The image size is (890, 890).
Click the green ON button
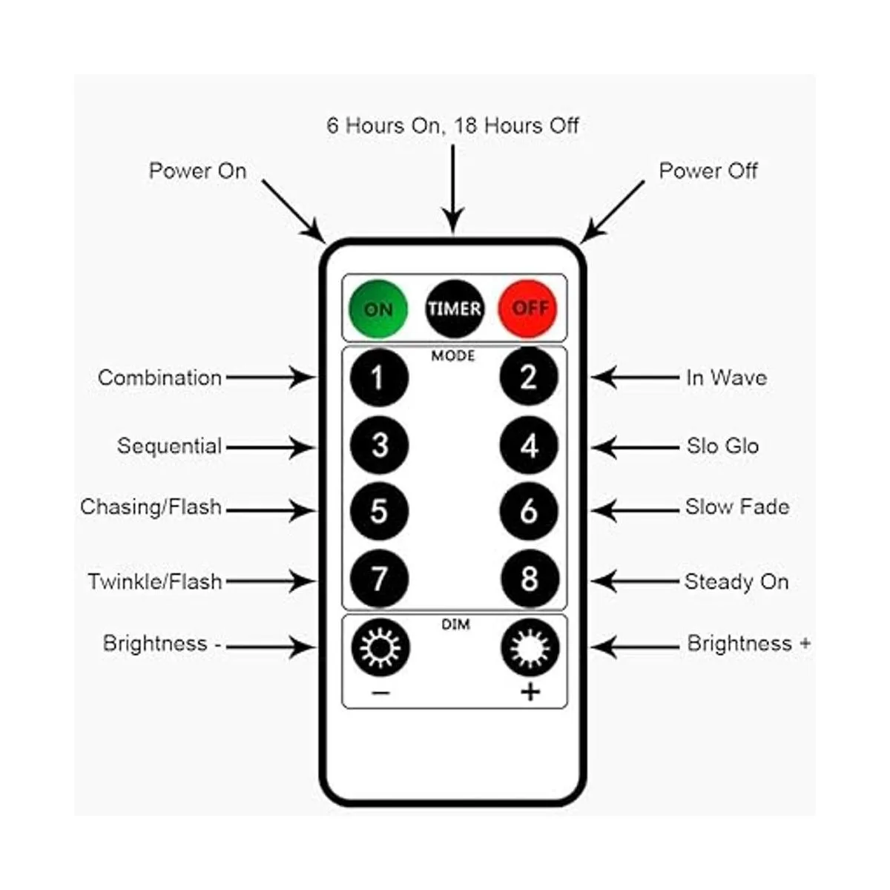pyautogui.click(x=378, y=309)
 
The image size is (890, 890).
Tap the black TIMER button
pyautogui.click(x=454, y=309)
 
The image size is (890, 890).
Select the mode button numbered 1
pyautogui.click(x=379, y=378)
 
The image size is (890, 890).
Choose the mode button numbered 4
pyautogui.click(x=529, y=446)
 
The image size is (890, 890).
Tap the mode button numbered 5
pyautogui.click(x=379, y=511)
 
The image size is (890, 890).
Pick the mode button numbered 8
pyautogui.click(x=530, y=579)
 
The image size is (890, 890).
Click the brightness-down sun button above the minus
pyautogui.click(x=380, y=647)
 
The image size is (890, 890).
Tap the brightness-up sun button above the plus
pyautogui.click(x=530, y=647)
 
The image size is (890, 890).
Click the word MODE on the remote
pyautogui.click(x=453, y=357)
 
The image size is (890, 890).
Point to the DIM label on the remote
pyautogui.click(x=455, y=624)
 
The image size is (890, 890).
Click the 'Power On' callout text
pyautogui.click(x=197, y=171)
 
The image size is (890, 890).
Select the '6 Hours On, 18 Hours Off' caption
pyautogui.click(x=452, y=125)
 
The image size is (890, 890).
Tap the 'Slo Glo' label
pyautogui.click(x=722, y=446)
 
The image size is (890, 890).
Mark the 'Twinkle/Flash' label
pyautogui.click(x=155, y=581)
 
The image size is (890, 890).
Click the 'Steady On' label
pyautogui.click(x=736, y=581)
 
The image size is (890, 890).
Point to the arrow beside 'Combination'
pyautogui.click(x=271, y=378)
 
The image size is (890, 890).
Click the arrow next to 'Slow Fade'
pyautogui.click(x=634, y=510)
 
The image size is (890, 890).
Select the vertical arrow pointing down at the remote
pyautogui.click(x=452, y=189)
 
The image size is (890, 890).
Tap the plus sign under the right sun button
pyautogui.click(x=530, y=693)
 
